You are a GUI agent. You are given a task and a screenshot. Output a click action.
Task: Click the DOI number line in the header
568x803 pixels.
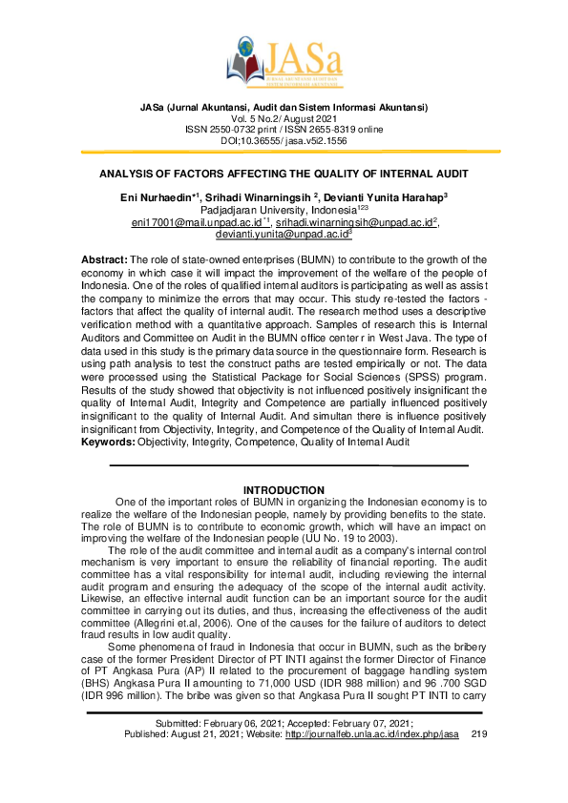click(284, 140)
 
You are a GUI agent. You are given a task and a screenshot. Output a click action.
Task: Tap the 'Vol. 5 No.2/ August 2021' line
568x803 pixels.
click(284, 118)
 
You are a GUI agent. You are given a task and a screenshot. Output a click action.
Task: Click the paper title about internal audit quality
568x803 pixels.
click(284, 176)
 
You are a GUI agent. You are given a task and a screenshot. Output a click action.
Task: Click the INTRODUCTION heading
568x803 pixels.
click(284, 490)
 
